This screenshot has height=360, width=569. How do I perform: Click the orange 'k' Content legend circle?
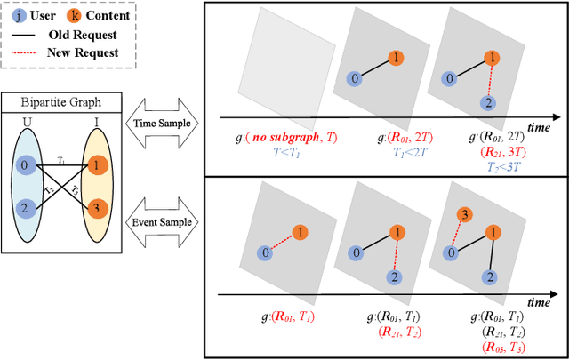point(77,15)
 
